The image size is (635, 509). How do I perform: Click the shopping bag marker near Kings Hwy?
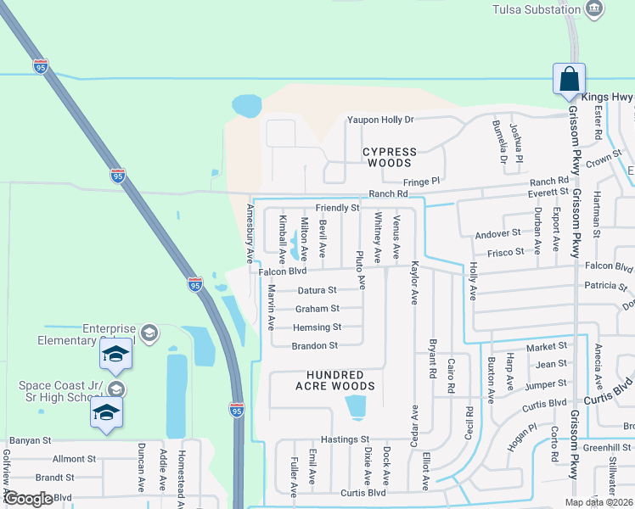(x=568, y=79)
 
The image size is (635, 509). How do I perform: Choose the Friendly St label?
(x=337, y=208)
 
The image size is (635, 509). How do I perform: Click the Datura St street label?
(x=317, y=290)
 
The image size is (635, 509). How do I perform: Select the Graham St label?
(x=317, y=309)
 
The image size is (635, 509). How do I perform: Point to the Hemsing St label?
(x=317, y=327)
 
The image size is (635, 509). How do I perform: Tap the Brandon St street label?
(x=314, y=346)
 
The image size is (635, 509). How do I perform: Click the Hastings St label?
(x=346, y=439)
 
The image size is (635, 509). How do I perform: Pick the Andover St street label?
(x=497, y=233)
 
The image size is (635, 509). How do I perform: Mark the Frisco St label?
(x=506, y=253)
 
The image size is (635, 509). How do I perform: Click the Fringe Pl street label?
(x=424, y=182)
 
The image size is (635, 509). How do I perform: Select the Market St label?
(x=546, y=347)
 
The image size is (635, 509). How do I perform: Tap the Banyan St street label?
(x=30, y=441)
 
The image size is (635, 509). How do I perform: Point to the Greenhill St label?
(x=601, y=447)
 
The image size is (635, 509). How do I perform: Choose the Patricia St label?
(x=593, y=286)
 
